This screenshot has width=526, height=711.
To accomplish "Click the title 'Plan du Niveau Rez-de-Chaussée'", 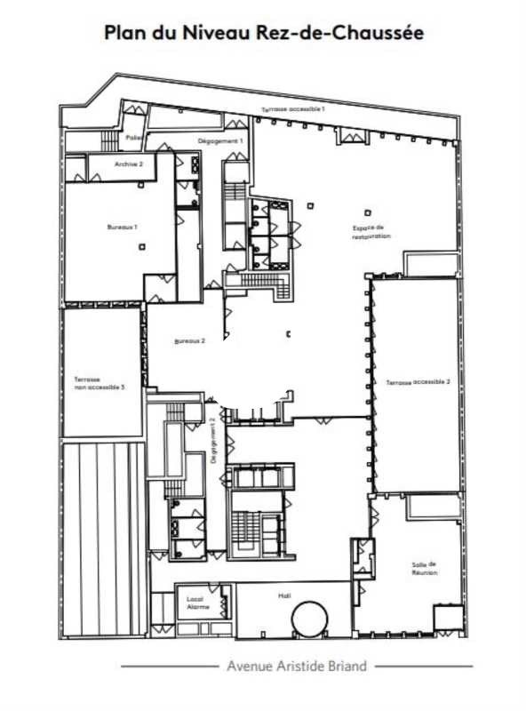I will tap(263, 34).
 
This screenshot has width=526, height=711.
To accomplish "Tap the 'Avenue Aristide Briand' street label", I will tap(297, 666).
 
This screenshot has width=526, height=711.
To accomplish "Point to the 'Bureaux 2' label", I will tap(189, 341).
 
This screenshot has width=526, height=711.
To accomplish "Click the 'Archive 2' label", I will tap(130, 164).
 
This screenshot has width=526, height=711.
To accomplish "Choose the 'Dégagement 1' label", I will tap(219, 142).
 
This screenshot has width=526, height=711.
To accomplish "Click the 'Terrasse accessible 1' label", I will tap(293, 108).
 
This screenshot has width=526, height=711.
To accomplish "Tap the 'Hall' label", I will tap(285, 596).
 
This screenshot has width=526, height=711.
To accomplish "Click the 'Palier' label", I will tap(134, 138).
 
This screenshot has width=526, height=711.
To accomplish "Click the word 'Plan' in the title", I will tap(124, 34).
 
